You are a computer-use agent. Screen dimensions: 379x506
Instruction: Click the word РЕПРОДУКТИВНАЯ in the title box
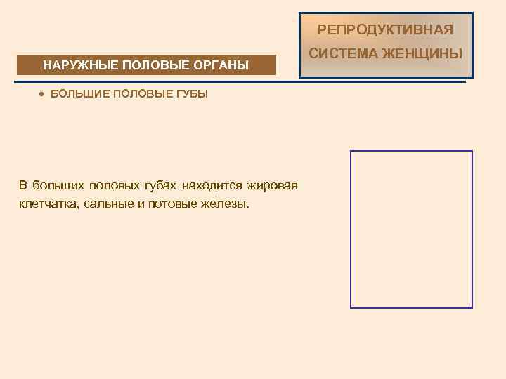[385, 29]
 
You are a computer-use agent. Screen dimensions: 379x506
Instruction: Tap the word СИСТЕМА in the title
[339, 53]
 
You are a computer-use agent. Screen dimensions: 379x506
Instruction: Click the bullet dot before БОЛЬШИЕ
[42, 94]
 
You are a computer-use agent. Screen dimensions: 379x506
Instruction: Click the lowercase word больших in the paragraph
[56, 186]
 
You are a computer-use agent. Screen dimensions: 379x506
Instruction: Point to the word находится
[209, 186]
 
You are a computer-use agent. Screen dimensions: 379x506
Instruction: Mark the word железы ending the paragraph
[227, 204]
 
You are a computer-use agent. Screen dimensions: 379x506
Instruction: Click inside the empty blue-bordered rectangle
[411, 229]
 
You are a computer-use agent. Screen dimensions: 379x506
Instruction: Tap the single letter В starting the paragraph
[22, 186]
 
